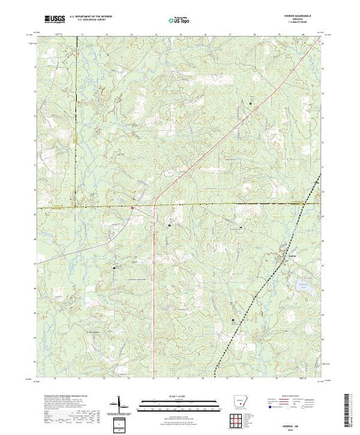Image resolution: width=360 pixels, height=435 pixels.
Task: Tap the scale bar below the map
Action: coord(180,401)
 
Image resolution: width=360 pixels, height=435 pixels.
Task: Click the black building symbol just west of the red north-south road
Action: coord(170,225)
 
